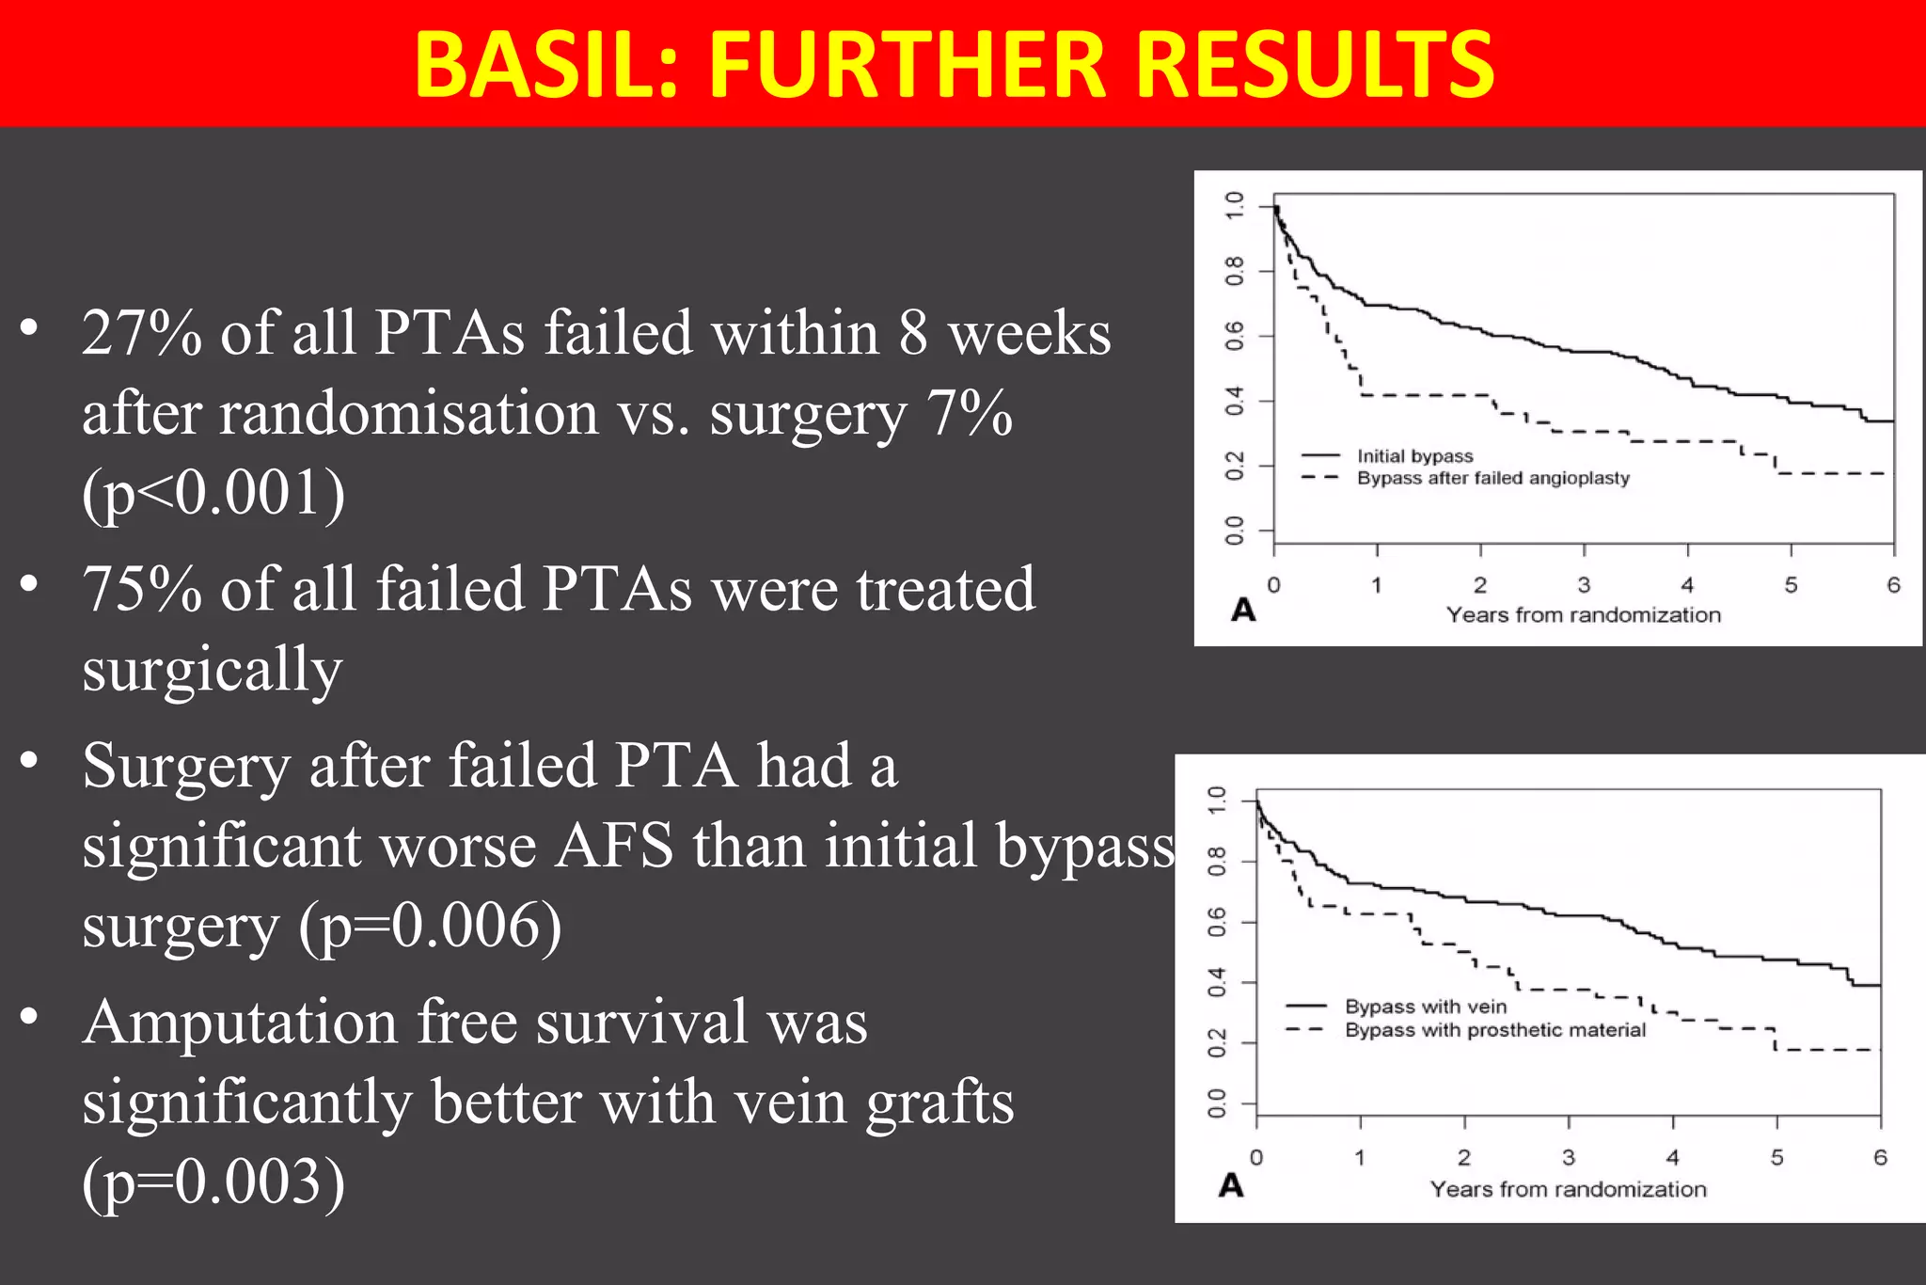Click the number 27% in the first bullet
141,334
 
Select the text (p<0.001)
213,493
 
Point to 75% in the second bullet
141,590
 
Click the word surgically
213,670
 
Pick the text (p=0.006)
430,926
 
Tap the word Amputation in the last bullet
240,1023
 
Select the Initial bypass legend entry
1414,456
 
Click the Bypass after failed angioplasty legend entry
1492,478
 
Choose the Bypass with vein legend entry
1425,1007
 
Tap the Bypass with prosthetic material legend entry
1495,1030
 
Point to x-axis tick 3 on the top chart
1584,585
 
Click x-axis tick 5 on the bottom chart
1776,1158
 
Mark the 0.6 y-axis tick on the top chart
1235,336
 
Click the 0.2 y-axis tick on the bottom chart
1217,1042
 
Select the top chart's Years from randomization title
1584,615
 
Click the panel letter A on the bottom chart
1231,1185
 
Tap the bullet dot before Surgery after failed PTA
29,760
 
